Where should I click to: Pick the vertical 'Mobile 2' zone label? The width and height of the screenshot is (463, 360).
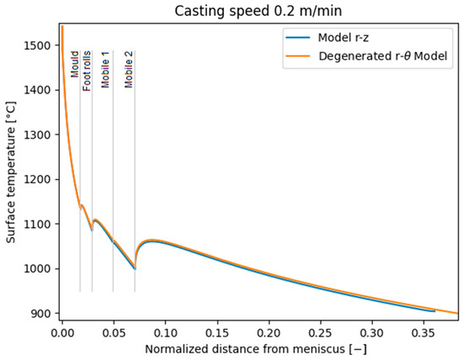pos(129,68)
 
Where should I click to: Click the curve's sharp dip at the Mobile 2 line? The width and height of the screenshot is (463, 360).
pos(135,268)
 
